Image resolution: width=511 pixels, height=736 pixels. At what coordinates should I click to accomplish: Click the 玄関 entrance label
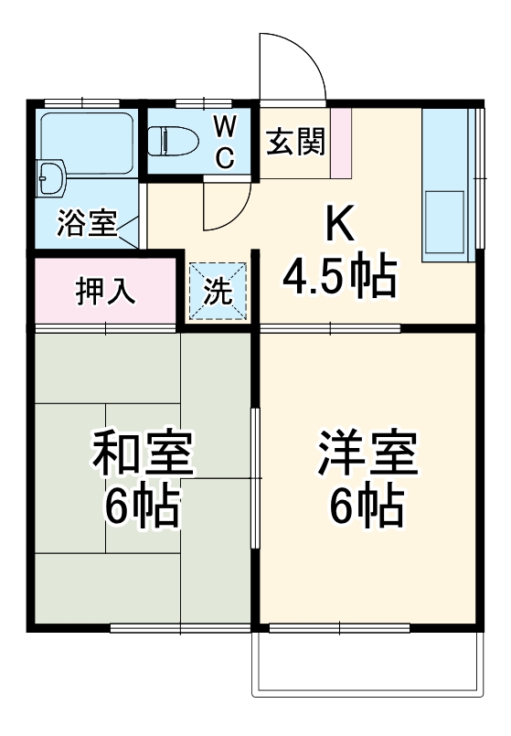coord(295,142)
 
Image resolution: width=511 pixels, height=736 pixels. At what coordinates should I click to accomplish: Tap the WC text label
coord(225,142)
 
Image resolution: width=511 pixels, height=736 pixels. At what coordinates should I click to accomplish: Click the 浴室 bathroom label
coord(87,223)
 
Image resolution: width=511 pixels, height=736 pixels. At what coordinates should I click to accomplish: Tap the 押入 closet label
coord(105,291)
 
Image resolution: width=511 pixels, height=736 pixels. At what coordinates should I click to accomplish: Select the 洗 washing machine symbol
coord(218,292)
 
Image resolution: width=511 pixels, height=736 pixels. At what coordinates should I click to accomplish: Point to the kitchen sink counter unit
coord(448,183)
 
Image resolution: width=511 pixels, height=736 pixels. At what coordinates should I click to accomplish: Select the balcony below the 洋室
coord(366,663)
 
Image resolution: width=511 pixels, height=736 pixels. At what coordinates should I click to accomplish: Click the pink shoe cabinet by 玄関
coord(340,142)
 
